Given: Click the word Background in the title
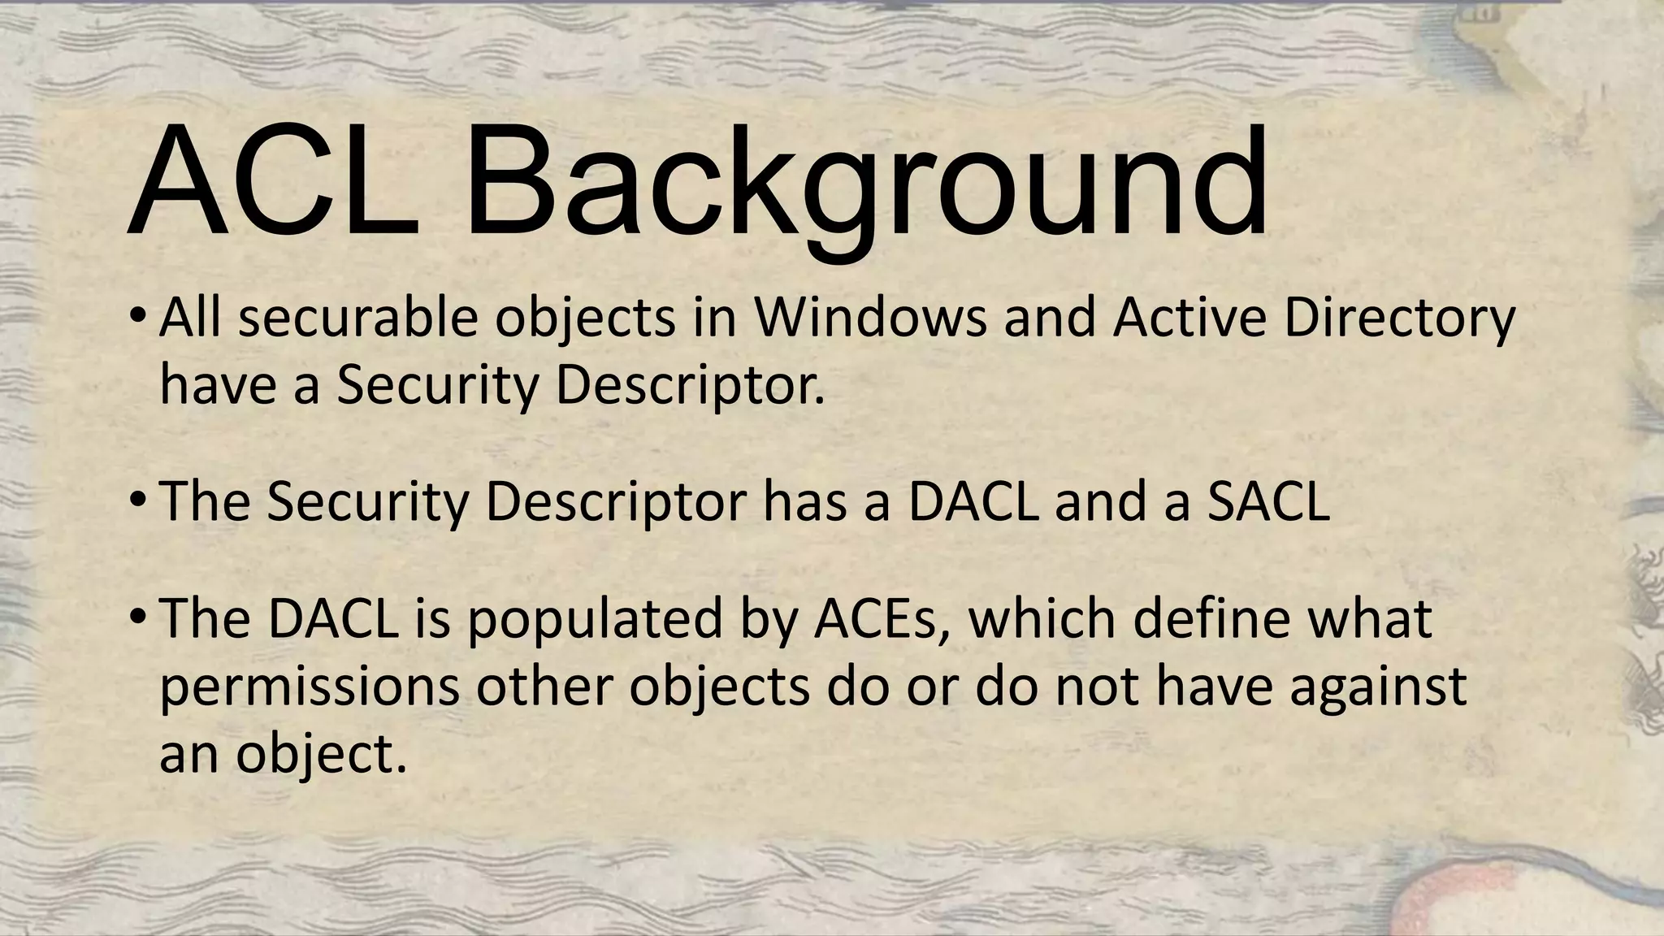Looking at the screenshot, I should tap(866, 185).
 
